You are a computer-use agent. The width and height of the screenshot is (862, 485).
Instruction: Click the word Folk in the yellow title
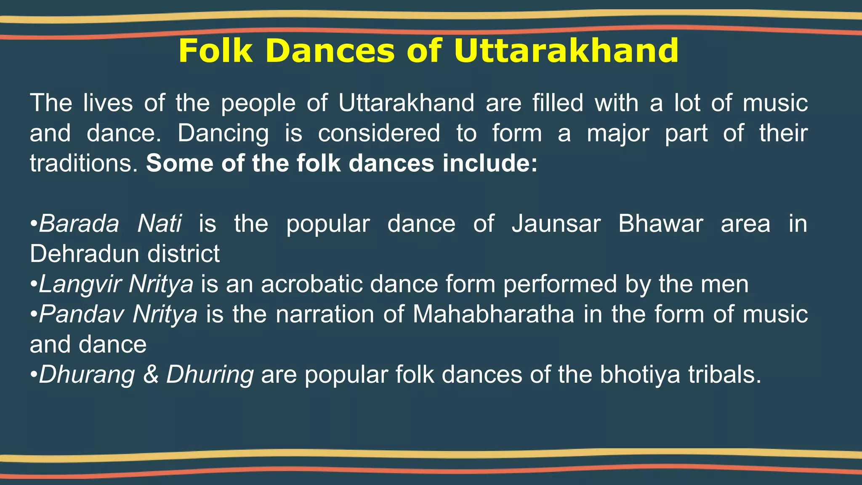(215, 51)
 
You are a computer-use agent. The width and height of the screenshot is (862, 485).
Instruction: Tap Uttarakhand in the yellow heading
(566, 51)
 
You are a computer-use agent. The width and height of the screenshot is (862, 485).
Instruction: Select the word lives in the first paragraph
(108, 103)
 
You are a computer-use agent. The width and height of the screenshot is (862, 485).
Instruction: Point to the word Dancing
(223, 133)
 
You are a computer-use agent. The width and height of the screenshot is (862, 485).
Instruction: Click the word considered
(379, 133)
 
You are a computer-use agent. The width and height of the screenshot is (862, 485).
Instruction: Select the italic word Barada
(79, 224)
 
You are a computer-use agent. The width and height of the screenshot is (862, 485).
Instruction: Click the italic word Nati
(160, 224)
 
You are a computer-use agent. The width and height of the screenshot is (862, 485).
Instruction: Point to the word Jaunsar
(556, 224)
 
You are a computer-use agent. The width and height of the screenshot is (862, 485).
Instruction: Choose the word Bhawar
(660, 224)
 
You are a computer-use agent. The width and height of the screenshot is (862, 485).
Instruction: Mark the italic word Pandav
(82, 314)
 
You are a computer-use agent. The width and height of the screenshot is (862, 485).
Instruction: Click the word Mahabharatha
(493, 314)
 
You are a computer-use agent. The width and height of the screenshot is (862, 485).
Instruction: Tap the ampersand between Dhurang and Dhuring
(151, 375)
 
